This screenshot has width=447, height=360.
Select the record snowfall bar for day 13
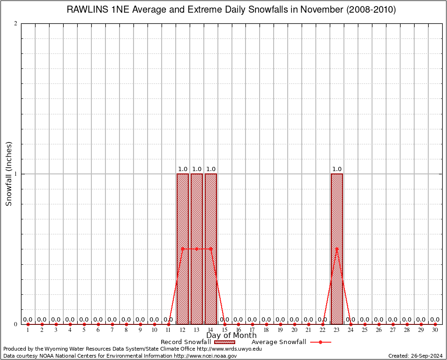pos(197,281)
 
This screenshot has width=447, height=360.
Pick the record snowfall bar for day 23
pos(337,281)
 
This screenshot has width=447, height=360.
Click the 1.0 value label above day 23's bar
pos(337,169)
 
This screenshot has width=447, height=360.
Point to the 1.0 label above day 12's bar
pos(183,169)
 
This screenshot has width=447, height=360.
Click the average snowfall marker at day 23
pos(337,249)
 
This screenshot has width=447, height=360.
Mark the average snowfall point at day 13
pos(197,249)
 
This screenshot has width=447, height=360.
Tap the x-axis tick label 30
pos(435,330)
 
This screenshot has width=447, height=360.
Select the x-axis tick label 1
pos(28,330)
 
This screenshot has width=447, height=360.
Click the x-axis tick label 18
pos(267,330)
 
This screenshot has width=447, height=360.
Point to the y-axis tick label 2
pos(16,24)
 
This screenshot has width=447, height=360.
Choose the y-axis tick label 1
pos(16,174)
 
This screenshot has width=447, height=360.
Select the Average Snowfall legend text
pos(278,342)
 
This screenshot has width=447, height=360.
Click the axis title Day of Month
pos(231,336)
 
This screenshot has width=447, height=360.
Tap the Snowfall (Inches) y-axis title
pos(8,174)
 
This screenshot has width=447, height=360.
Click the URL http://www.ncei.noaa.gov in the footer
pos(205,356)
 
